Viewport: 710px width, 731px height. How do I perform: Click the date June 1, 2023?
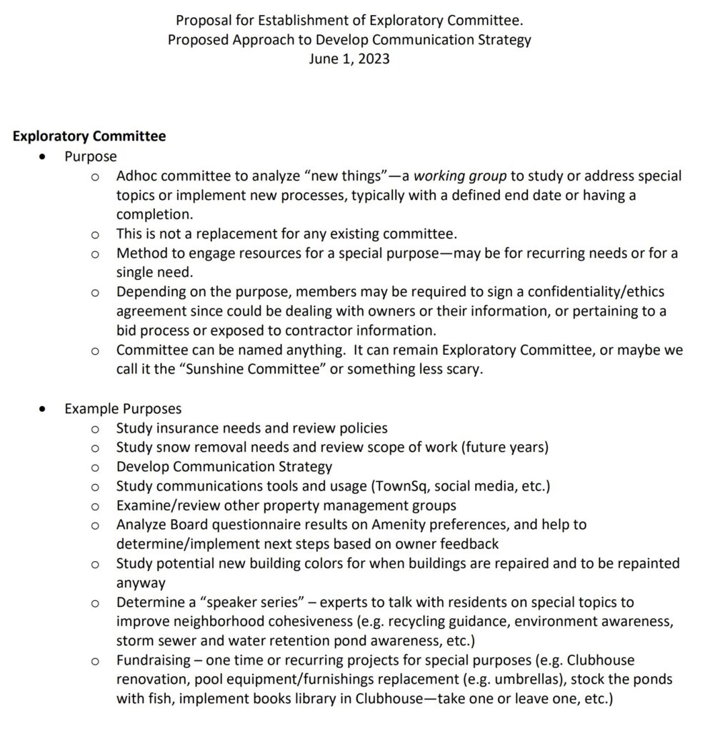[349, 59]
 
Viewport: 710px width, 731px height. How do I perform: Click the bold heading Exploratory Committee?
[89, 136]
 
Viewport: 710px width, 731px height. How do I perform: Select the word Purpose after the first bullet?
[91, 156]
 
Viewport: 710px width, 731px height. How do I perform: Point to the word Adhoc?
[136, 176]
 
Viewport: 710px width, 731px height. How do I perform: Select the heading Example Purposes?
[123, 409]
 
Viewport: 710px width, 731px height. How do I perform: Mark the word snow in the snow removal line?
[169, 448]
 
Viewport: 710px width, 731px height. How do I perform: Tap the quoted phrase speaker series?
[254, 603]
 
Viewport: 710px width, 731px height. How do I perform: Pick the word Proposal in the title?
[203, 20]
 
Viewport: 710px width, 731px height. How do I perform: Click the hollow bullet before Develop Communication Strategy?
[96, 468]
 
